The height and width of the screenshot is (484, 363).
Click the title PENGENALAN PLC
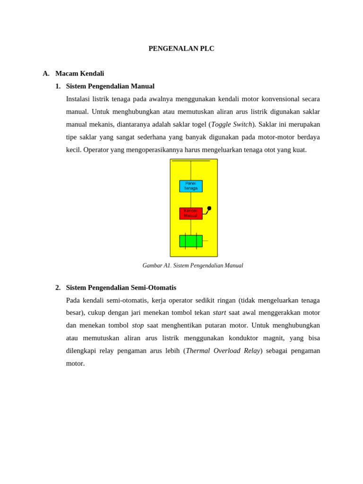(x=181, y=49)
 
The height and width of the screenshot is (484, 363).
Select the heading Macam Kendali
(x=79, y=74)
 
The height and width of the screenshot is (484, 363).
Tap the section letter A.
(x=46, y=74)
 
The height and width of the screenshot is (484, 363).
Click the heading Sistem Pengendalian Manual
(x=110, y=86)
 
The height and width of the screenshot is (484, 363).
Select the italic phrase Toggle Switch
(x=232, y=125)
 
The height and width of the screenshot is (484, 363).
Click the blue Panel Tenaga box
(x=191, y=186)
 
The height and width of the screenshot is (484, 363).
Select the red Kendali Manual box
(x=191, y=214)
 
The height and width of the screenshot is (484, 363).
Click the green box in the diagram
(x=191, y=241)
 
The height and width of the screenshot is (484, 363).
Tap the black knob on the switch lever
(x=209, y=208)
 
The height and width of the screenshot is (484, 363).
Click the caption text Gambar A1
(x=156, y=266)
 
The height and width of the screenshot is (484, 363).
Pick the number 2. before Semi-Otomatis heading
(x=58, y=288)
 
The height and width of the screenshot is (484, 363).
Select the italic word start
(x=219, y=313)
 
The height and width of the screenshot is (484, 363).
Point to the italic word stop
(x=138, y=326)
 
